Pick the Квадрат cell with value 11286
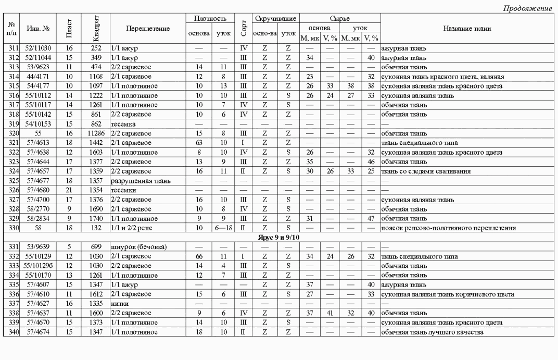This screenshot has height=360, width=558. pos(95,133)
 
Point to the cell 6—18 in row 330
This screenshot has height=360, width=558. pos(224,228)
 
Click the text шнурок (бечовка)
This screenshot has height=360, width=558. pos(138,247)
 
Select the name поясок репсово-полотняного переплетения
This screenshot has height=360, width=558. pos(448,228)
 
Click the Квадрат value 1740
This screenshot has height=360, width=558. pos(95,219)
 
